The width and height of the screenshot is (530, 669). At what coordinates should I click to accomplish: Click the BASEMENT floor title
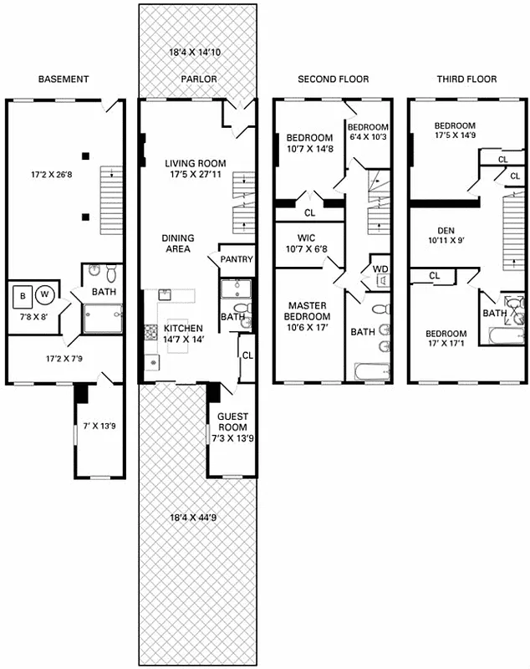coord(64,79)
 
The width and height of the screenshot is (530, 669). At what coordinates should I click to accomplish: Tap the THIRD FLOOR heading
coord(466,79)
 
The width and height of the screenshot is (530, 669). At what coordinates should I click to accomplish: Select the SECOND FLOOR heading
coord(333,79)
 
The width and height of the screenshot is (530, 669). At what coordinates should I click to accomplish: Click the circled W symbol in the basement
coord(45,294)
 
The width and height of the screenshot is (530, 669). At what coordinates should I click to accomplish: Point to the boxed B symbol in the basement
coord(22,294)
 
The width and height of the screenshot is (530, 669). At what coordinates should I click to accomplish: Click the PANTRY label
coord(237,260)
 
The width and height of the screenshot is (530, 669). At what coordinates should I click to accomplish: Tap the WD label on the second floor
coord(380,269)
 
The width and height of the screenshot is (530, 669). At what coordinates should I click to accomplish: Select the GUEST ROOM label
coord(232,421)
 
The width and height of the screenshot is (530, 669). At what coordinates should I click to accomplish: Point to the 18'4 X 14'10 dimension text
coord(199,53)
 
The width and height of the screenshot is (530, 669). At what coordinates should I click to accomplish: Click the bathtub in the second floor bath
coord(369,370)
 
